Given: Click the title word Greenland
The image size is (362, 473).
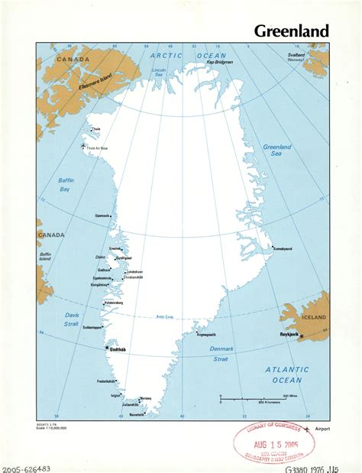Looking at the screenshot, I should pyautogui.click(x=291, y=31).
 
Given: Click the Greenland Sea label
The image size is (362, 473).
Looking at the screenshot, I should pyautogui.click(x=276, y=150).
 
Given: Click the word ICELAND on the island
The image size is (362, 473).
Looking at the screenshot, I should pyautogui.click(x=315, y=316).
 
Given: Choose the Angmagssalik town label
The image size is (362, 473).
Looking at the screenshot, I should pyautogui.click(x=206, y=334).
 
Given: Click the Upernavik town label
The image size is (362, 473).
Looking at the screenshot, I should pyautogui.click(x=102, y=216).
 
